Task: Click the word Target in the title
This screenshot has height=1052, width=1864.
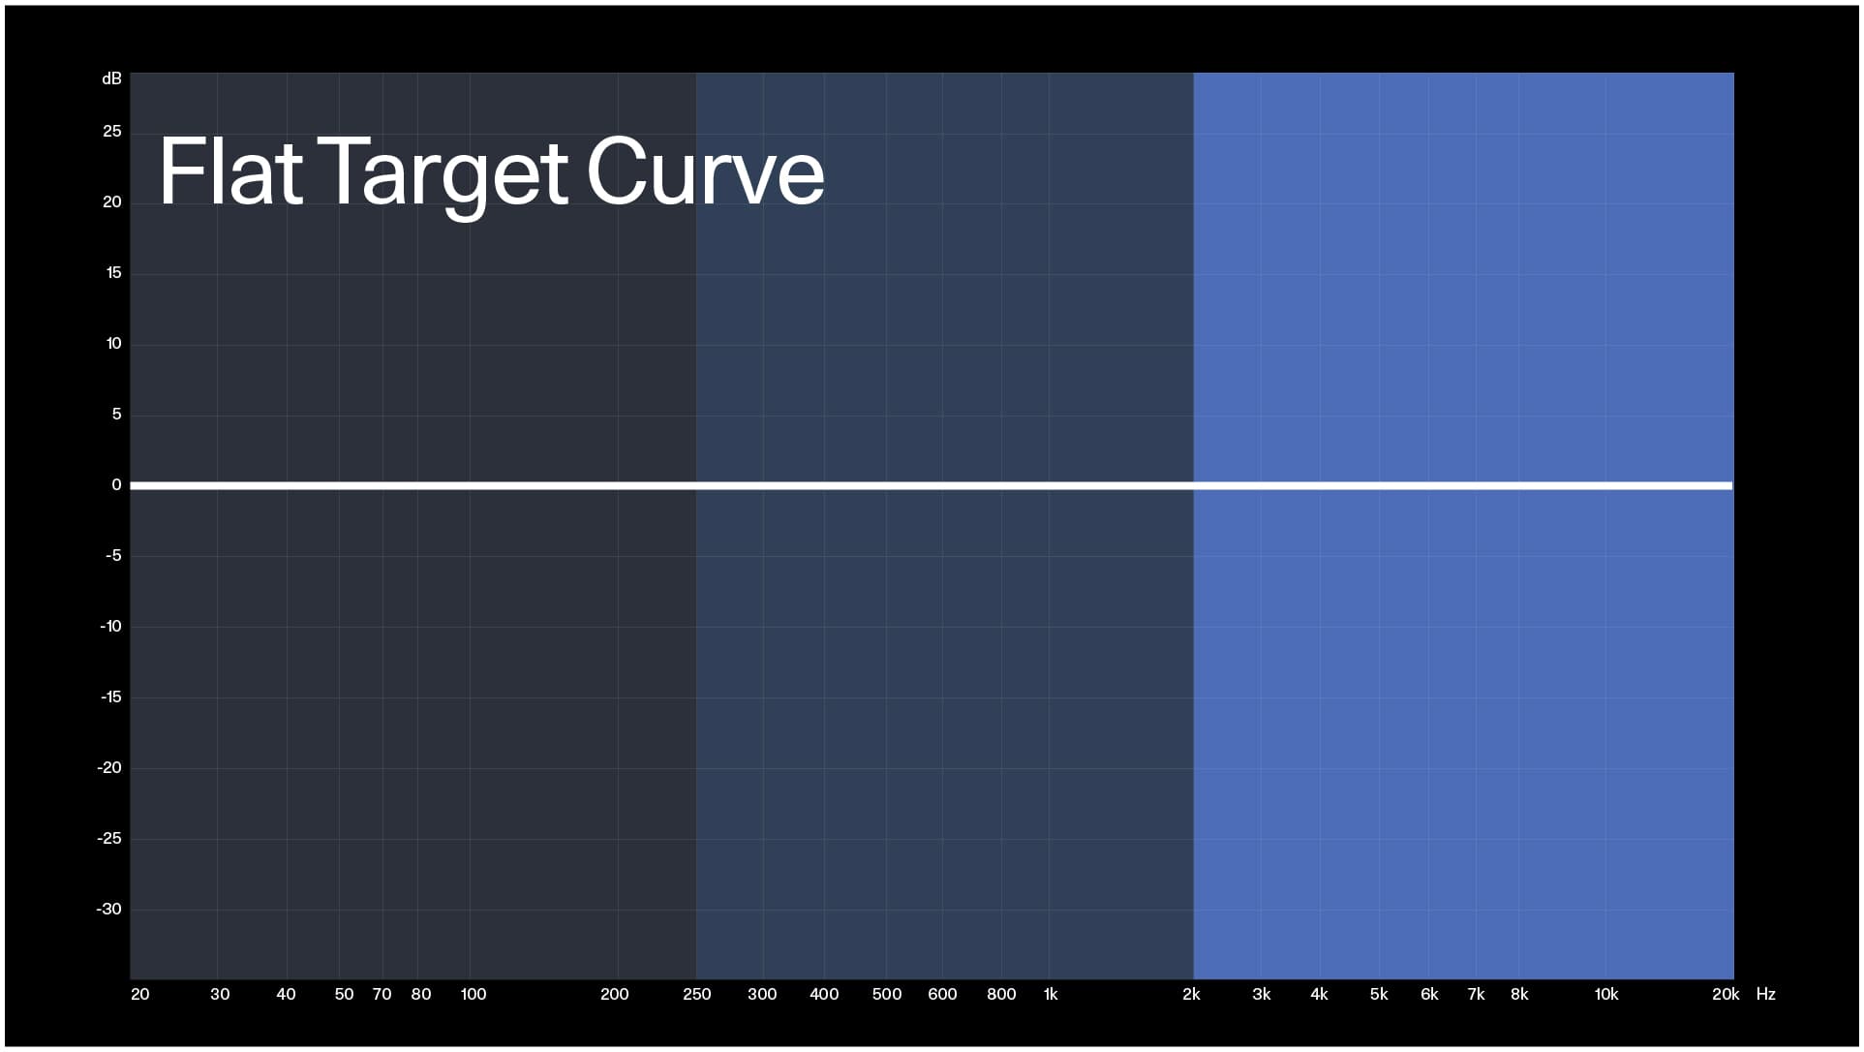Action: coord(443,174)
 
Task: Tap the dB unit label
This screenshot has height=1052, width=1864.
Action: coord(111,78)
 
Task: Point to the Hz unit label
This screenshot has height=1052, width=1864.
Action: coord(1765,994)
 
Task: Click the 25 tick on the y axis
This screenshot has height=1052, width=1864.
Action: coord(112,131)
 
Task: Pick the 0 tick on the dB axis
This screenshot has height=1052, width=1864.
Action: coord(116,484)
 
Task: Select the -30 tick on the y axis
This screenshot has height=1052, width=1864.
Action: coord(109,909)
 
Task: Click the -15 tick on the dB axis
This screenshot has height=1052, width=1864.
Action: coord(110,696)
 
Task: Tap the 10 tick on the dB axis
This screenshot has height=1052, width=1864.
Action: coord(113,343)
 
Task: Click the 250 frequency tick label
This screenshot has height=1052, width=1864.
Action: coord(696,994)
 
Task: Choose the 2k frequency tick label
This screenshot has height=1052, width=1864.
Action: coord(1191,994)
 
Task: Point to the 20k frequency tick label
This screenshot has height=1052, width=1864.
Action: coord(1725,994)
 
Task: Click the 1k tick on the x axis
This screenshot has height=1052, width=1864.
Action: coord(1051,994)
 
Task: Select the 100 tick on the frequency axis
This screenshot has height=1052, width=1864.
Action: coord(474,994)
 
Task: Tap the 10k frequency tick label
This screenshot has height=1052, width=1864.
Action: coord(1606,994)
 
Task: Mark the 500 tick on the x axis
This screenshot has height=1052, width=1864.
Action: coord(886,994)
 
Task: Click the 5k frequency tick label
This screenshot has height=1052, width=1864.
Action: coord(1379,994)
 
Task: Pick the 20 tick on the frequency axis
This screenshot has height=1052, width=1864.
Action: coord(140,994)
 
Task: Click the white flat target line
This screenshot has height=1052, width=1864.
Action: coord(930,485)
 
